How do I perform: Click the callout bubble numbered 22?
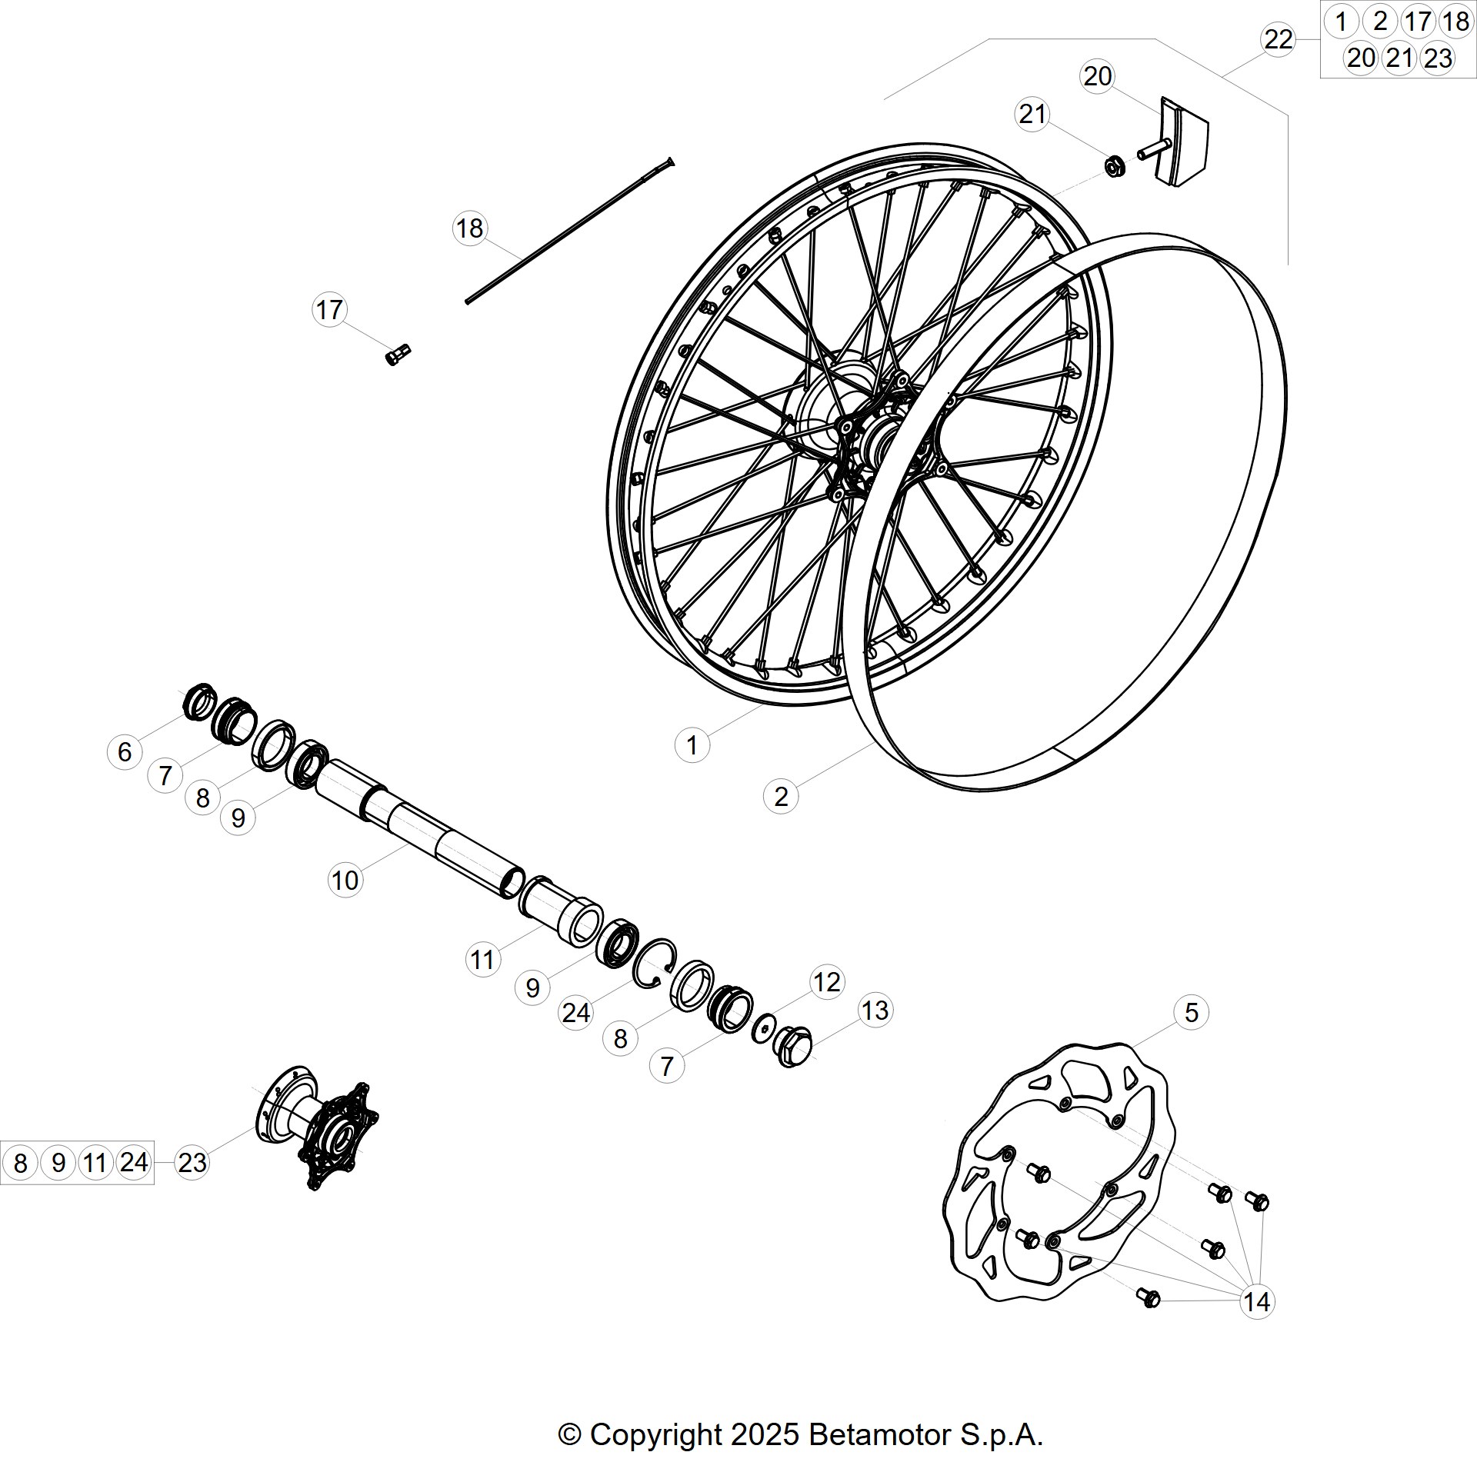pos(1279,39)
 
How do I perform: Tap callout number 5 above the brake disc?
pos(1191,1012)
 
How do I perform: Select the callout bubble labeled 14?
pos(1257,1302)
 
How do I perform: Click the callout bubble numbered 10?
pos(345,880)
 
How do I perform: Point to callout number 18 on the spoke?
pos(470,228)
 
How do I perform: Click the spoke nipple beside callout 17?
pos(398,355)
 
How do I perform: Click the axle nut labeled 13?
pos(791,1047)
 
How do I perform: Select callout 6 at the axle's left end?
pos(125,751)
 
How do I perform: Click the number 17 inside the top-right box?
pos(1417,22)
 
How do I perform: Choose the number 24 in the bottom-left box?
pos(134,1161)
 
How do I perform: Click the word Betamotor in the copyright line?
pos(880,1434)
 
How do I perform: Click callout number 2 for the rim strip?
pos(781,797)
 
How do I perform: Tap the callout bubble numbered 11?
pos(483,960)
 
